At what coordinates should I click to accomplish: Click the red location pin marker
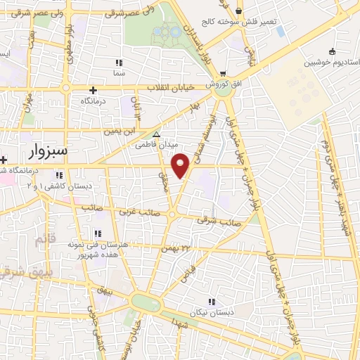(181, 166)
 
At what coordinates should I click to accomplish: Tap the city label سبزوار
(48, 150)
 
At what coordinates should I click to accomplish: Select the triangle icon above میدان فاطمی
(156, 135)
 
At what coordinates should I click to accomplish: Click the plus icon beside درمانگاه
(93, 89)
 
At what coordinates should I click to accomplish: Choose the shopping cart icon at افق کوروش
(222, 73)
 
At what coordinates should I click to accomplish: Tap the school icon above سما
(118, 62)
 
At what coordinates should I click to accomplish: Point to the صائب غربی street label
(135, 211)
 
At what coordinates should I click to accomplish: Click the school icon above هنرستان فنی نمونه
(98, 233)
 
